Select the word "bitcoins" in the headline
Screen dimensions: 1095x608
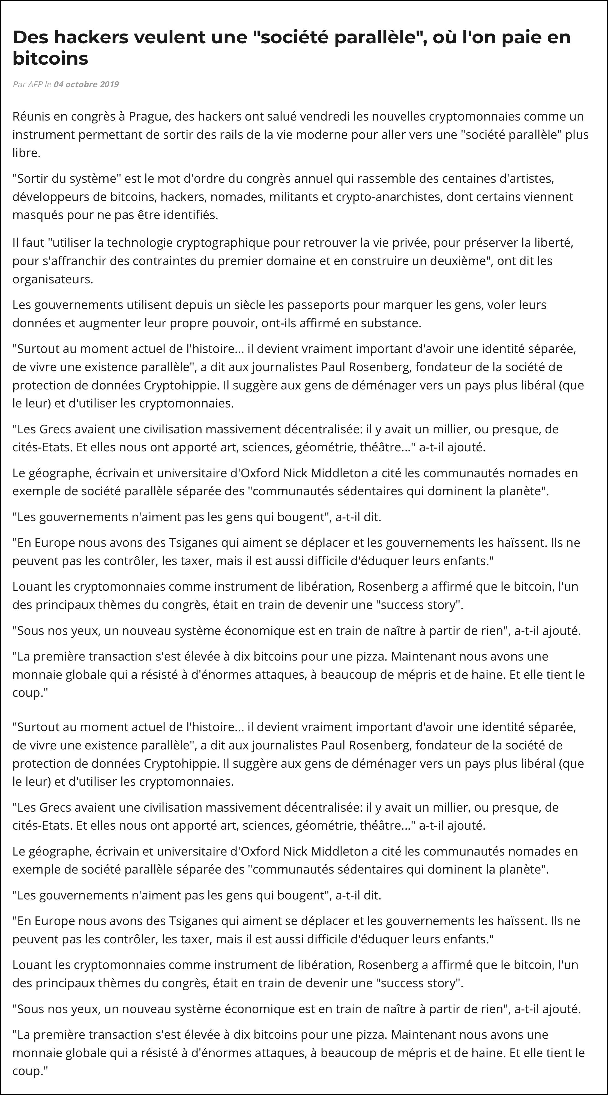50,58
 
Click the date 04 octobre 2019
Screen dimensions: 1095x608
86,84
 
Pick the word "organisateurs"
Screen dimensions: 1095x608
53,279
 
